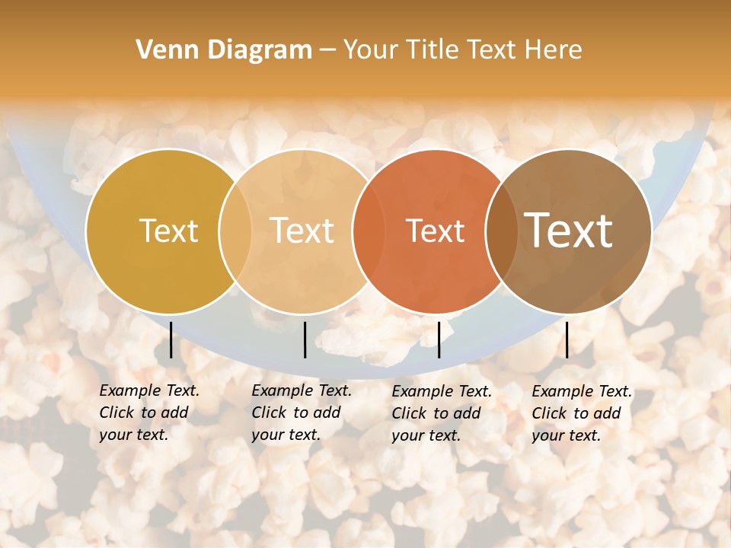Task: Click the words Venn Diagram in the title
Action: point(224,50)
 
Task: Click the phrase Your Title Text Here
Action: point(462,50)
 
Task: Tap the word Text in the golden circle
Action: point(169,231)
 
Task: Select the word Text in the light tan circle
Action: point(302,231)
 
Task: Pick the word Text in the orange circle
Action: point(436,231)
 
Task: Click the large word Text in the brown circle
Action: point(569,231)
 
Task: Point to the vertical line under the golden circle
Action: point(171,339)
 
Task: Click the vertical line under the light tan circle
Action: point(305,339)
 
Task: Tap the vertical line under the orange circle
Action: point(439,339)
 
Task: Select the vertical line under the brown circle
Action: point(567,339)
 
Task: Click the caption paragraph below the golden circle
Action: point(149,413)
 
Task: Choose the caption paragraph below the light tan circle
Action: point(302,413)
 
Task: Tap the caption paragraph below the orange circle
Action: point(442,413)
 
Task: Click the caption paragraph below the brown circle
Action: point(582,413)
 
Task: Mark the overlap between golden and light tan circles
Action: point(235,231)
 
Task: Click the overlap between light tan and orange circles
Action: point(369,231)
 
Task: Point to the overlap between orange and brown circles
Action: point(502,231)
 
